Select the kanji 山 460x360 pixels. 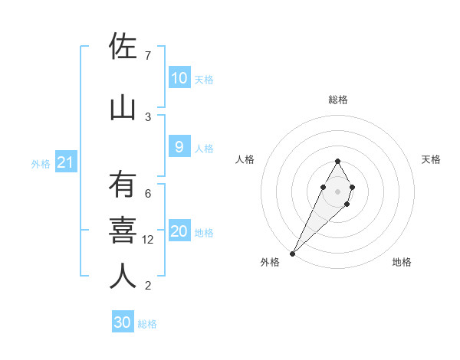tap(123, 108)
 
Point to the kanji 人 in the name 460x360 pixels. tap(123, 277)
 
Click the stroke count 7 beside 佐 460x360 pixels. tap(147, 56)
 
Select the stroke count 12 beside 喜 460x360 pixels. tap(149, 240)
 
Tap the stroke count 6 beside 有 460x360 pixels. tap(147, 194)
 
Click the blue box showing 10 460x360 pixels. tap(179, 78)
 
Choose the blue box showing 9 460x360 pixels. tap(179, 147)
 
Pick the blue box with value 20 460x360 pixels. tap(179, 231)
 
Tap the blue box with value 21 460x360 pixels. tap(65, 162)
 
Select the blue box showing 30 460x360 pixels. tap(122, 323)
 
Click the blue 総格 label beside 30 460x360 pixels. tap(147, 325)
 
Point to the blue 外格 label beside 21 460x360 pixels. tap(41, 164)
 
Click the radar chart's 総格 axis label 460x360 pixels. tap(337, 100)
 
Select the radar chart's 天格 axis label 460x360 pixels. tap(431, 159)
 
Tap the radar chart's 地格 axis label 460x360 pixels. tap(402, 262)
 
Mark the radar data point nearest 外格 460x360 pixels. tap(292, 253)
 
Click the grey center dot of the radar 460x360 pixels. tap(337, 191)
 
